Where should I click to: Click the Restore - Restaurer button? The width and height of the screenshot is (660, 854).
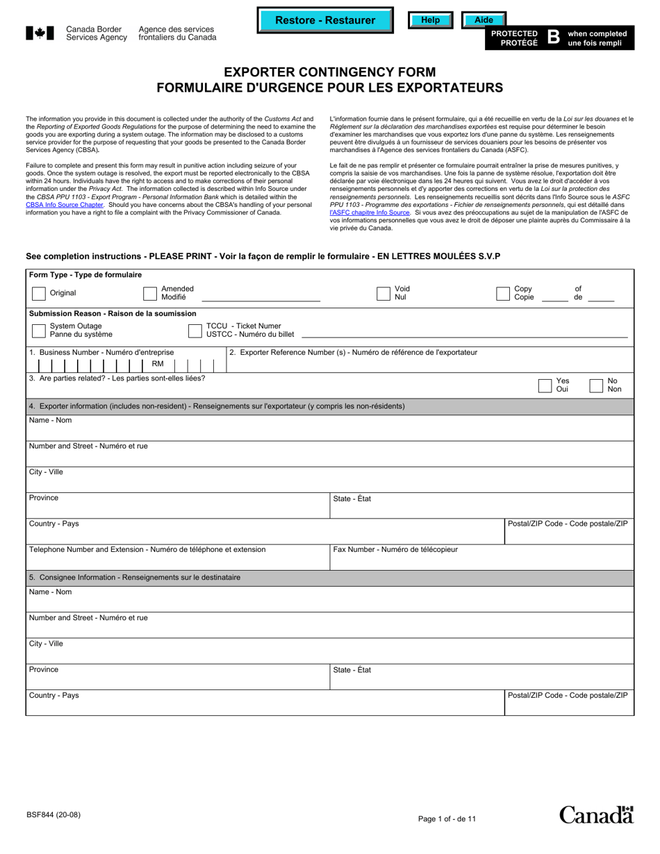(x=325, y=20)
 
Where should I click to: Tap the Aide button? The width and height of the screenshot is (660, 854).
(x=484, y=20)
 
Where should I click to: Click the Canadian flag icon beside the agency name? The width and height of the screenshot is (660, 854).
(x=40, y=33)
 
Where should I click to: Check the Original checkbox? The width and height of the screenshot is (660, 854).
(x=39, y=294)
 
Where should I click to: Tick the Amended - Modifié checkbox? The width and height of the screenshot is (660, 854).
(x=150, y=294)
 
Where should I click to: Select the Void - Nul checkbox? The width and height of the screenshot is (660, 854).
(x=383, y=294)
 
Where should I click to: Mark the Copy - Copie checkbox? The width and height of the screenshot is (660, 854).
(x=503, y=294)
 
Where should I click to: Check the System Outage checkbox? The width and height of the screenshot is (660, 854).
(x=39, y=330)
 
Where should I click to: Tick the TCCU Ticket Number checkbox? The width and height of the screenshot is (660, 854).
(x=195, y=330)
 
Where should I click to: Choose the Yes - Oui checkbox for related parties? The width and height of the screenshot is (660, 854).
(x=545, y=386)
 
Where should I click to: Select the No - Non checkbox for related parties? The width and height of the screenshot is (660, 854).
(x=596, y=386)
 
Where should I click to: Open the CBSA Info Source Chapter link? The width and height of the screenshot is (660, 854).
(x=65, y=205)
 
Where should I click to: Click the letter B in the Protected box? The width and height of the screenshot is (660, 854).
(x=553, y=37)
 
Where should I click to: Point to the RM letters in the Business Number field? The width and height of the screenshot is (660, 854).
(x=158, y=364)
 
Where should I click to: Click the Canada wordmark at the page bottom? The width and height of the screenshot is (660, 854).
(x=596, y=815)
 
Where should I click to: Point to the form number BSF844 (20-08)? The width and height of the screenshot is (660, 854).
(x=53, y=814)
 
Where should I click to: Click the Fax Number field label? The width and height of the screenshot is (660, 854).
(x=395, y=550)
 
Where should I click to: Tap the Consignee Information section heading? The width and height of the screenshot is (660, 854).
(x=135, y=578)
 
